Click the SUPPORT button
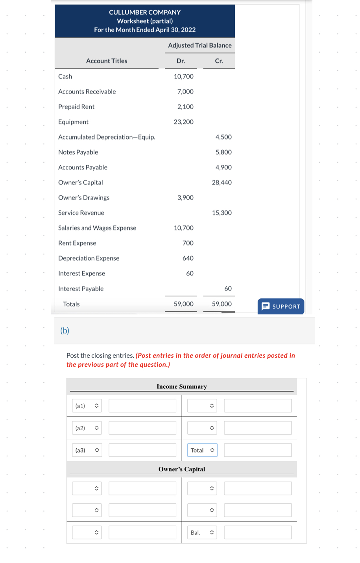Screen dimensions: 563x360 tap(281, 306)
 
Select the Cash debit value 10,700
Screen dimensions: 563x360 tap(183, 76)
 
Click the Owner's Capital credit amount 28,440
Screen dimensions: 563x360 tap(222, 182)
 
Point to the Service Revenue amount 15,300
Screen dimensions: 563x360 tap(222, 213)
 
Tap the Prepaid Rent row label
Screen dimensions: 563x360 tap(76, 107)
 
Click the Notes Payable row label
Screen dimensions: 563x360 tap(78, 152)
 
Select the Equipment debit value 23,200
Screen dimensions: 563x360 tap(183, 122)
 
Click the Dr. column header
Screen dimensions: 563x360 tap(181, 61)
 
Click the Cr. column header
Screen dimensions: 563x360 tap(219, 61)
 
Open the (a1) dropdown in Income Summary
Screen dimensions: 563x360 tap(87, 406)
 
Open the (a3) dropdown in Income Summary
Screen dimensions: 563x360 tap(87, 450)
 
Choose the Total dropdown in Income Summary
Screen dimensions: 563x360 tap(202, 450)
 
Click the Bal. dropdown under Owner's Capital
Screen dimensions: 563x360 tap(202, 533)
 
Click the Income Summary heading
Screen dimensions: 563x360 tap(181, 386)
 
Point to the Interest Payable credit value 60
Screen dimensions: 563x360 tap(228, 289)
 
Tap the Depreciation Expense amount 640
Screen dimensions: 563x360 tap(188, 258)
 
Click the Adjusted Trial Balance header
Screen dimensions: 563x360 tap(199, 46)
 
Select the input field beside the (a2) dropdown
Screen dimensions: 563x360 tap(142, 428)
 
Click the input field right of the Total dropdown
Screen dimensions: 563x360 tap(257, 450)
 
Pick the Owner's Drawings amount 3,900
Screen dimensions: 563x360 tap(185, 198)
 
